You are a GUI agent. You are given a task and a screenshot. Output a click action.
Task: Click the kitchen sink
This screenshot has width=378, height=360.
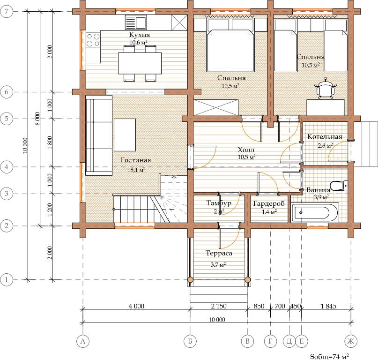tap(136, 22)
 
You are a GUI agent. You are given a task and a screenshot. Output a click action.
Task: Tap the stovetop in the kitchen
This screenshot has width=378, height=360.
tap(93, 40)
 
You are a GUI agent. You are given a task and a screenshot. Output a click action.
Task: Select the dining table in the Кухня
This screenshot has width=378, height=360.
tap(140, 63)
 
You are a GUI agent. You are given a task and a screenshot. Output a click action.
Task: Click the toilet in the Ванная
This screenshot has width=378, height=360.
tap(339, 186)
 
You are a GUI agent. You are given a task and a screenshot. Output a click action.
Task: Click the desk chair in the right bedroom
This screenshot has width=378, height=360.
tap(326, 89)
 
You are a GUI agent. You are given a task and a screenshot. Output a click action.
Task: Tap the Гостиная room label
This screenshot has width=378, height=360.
tap(136, 160)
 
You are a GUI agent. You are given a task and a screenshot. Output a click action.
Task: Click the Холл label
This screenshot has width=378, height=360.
tap(246, 150)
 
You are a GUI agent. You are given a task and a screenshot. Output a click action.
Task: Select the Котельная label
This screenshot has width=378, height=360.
tap(325, 137)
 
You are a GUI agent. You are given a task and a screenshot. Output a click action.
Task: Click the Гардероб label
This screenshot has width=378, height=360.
tap(269, 204)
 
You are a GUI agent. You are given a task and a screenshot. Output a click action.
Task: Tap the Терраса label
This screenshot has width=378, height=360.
tap(219, 253)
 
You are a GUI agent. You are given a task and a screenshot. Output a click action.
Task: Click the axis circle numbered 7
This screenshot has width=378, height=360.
tap(7, 11)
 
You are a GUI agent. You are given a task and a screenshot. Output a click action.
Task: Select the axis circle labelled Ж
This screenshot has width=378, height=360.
tap(351, 341)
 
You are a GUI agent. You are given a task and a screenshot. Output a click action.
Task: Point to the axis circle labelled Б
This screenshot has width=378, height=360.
tap(190, 341)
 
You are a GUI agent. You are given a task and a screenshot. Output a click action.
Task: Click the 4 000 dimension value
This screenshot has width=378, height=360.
tap(136, 306)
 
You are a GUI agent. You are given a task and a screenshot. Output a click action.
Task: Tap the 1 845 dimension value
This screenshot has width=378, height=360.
tap(328, 306)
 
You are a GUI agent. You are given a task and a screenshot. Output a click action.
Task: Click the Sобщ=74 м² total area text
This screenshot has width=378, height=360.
tap(329, 356)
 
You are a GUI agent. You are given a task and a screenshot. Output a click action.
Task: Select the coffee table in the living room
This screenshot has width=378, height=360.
tap(125, 135)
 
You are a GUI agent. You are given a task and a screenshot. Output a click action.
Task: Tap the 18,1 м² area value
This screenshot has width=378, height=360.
tap(136, 170)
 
